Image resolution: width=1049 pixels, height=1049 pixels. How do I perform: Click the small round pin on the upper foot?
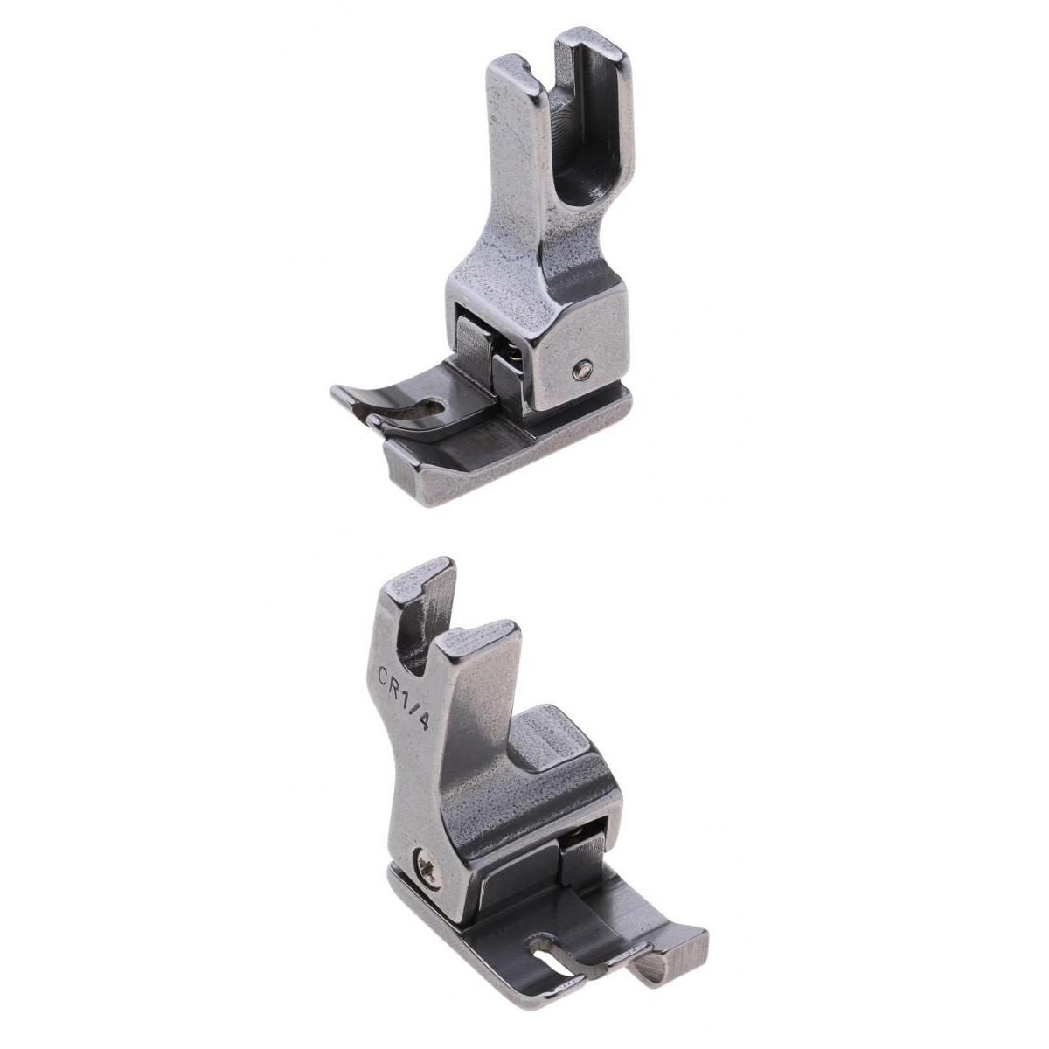[x=582, y=372]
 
